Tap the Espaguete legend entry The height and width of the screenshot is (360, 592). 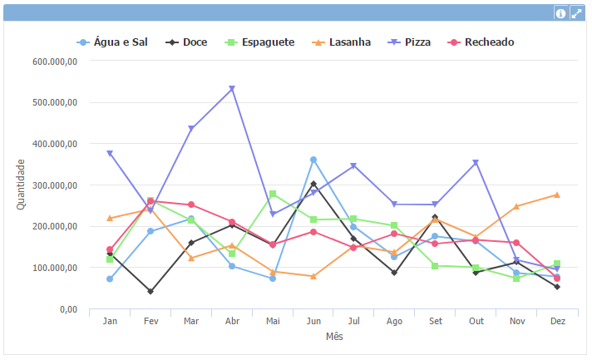point(260,42)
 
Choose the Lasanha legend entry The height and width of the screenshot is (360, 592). point(342,42)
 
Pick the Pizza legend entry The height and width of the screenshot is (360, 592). point(410,42)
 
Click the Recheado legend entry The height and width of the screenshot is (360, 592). point(481,42)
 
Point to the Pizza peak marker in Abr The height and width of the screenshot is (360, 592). point(232,88)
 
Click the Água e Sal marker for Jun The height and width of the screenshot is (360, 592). point(313,160)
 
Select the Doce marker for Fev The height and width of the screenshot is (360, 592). point(150,292)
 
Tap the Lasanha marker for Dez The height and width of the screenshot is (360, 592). point(557,195)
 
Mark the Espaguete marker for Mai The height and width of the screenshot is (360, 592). point(273,194)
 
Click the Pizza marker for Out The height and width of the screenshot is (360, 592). point(476,163)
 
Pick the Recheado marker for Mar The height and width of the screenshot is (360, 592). point(191,205)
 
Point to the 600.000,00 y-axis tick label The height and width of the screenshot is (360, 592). point(55,62)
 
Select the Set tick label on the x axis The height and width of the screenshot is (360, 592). point(435,321)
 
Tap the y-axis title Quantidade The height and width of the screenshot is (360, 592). point(21,185)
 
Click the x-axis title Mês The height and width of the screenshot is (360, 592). point(333,337)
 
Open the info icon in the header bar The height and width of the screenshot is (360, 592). point(560,13)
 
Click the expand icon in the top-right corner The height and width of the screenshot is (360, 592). point(575,13)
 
